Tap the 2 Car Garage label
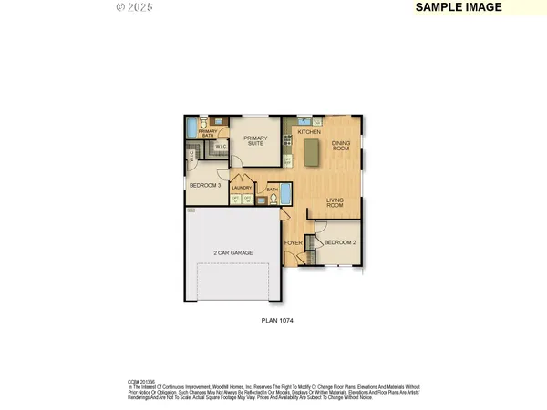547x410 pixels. point(233,252)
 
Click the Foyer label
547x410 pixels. point(293,243)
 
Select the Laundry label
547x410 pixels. point(242,188)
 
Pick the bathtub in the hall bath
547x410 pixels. point(285,193)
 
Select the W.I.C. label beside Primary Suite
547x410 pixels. point(221,146)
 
